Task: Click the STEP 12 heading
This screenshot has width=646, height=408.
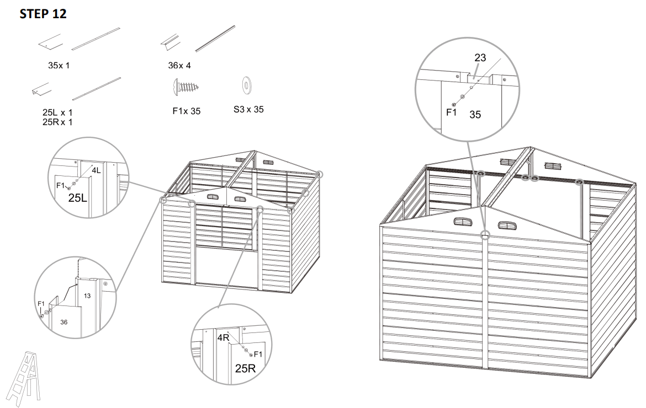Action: pos(43,14)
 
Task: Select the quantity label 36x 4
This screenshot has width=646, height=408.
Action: pos(179,66)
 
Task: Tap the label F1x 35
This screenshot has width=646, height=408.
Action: pos(186,111)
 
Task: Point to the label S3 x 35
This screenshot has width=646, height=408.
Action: pos(248,109)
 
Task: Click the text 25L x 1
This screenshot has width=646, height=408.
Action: pos(57,112)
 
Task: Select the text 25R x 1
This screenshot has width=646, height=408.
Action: pos(57,122)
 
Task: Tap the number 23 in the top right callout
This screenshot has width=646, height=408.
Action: pos(480,57)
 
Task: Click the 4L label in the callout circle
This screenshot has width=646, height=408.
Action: pos(96,171)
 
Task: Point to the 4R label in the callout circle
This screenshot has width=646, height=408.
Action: pos(223,337)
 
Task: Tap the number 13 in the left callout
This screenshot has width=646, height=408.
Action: pos(87,296)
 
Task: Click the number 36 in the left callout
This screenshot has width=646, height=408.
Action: pos(64,322)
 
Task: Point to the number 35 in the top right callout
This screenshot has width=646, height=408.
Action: pos(475,115)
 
